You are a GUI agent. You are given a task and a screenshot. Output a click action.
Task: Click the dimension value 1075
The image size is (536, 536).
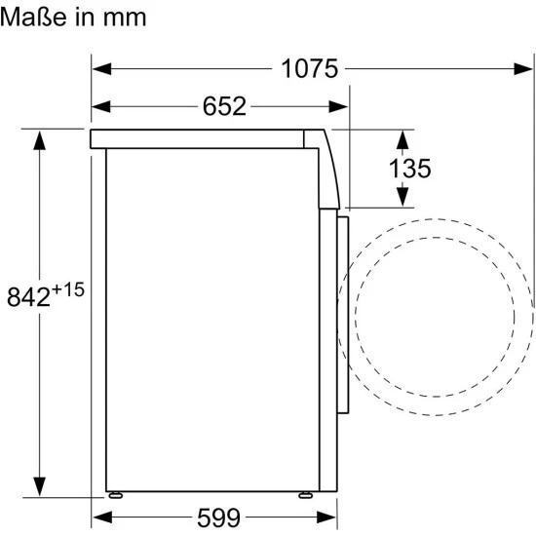click(x=309, y=69)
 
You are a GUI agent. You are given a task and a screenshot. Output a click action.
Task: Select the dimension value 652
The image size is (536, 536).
click(x=224, y=106)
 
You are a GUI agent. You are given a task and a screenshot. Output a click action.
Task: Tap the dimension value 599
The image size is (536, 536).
click(x=218, y=517)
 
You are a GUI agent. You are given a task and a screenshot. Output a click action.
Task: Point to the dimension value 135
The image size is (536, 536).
click(x=410, y=169)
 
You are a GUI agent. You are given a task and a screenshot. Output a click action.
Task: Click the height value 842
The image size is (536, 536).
click(x=28, y=296)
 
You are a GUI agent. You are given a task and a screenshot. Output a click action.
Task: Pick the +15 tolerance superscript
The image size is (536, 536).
click(x=68, y=289)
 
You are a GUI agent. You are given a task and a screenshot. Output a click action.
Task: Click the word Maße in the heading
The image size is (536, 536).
click(x=33, y=17)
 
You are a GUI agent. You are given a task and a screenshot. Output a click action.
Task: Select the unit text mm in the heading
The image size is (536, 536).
click(x=125, y=19)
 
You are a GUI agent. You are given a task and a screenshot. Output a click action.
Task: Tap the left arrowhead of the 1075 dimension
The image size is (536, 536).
click(x=102, y=69)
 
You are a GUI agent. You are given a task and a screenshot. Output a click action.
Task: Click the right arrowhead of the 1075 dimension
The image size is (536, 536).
click(x=523, y=69)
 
